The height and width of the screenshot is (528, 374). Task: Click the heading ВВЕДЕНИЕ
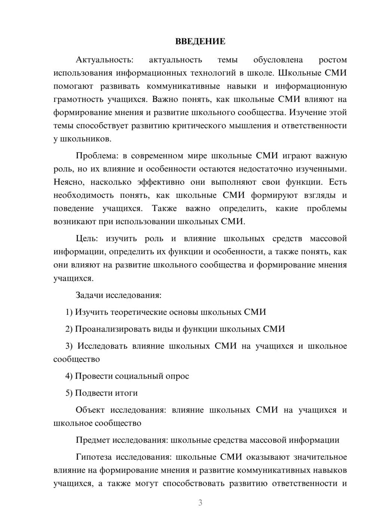200,41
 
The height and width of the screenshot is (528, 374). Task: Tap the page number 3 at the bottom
200,503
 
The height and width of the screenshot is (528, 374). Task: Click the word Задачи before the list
89,295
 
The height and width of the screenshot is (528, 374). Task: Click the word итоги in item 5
126,393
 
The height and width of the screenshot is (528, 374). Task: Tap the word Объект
90,410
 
